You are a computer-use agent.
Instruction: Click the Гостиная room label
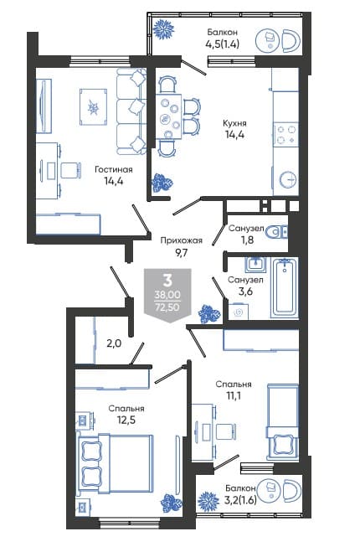point(114,169)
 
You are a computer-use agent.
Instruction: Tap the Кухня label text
point(234,123)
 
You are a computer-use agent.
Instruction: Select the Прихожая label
point(181,240)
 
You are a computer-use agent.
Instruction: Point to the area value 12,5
point(126,420)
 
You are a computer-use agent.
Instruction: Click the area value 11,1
point(234,396)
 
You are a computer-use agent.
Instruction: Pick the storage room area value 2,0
point(114,343)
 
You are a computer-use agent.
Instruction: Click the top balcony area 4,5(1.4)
point(223,44)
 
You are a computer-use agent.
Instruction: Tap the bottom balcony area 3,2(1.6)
point(240,499)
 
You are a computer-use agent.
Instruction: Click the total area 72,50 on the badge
point(167,307)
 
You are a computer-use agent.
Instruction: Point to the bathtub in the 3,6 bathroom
point(285,287)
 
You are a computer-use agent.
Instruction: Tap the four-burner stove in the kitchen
point(285,135)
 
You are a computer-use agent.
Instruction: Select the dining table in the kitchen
point(169,116)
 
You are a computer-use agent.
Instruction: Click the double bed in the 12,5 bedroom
point(116,464)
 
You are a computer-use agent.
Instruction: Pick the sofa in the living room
point(131,111)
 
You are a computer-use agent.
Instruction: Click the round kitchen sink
point(288,180)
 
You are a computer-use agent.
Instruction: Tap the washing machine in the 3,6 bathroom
point(239,312)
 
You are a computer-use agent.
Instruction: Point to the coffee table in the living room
point(93,107)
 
